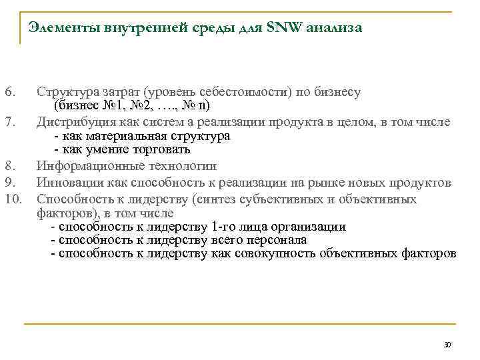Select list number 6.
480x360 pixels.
point(9,92)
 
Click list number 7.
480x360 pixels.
point(9,121)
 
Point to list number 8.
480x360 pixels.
point(9,166)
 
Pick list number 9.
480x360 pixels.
point(9,182)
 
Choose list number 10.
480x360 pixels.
point(13,198)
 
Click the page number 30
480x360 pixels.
point(447,345)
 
